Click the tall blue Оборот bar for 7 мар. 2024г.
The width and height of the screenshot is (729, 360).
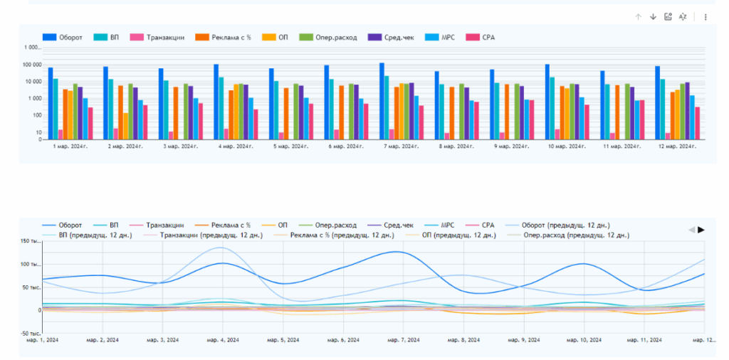coord(382,100)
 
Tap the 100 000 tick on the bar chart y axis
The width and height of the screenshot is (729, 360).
coord(32,65)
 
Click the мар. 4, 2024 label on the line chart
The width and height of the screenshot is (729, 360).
coord(224,340)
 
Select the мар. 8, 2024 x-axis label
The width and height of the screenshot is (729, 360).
coord(463,340)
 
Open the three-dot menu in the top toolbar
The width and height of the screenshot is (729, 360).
coord(706,16)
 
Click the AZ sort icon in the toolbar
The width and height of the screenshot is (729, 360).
coord(683,16)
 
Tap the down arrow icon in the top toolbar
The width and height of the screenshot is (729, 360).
coord(653,16)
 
